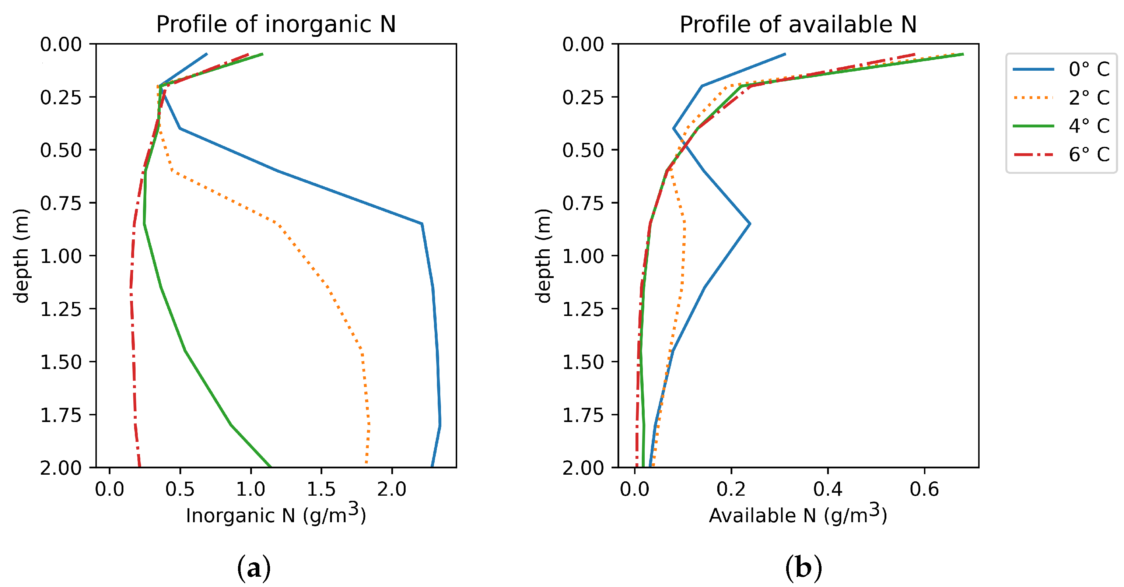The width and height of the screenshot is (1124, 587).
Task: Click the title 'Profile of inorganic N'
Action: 276,24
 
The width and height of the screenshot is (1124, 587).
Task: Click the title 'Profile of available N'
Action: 798,24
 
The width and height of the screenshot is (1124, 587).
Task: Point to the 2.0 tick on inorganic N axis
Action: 391,489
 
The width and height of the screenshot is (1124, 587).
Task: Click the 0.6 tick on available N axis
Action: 924,489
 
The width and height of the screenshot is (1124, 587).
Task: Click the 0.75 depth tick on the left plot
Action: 61,203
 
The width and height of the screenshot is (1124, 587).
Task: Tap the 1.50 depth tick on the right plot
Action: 583,362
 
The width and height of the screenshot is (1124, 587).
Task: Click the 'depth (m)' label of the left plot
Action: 21,256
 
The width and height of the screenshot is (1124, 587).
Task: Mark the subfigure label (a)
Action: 253,568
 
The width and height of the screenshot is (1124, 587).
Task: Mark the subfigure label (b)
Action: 803,568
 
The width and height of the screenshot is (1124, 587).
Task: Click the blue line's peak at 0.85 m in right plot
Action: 750,224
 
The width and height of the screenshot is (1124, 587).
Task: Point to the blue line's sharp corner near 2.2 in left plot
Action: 421,224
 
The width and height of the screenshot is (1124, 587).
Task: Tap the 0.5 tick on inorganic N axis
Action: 180,489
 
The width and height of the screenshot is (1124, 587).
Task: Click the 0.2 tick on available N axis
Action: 731,489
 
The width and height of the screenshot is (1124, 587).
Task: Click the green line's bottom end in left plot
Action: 270,466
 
